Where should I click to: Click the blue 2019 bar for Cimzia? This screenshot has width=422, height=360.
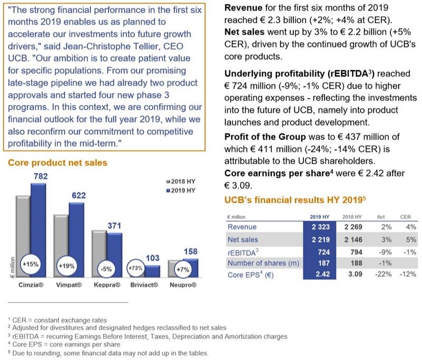pos(39,230)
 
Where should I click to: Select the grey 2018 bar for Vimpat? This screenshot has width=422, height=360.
pos(61,246)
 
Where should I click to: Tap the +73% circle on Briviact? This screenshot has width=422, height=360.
pos(136,268)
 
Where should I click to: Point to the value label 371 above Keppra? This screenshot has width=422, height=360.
pos(114,225)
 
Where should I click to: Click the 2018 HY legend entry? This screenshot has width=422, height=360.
pos(180,182)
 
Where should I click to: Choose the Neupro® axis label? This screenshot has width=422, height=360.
pos(183,285)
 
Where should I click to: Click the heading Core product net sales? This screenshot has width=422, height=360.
pos(57,163)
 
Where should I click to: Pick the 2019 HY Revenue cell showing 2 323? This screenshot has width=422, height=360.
pos(321,227)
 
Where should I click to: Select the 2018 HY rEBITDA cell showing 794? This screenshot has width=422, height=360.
pos(356,252)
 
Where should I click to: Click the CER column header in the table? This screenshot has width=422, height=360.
pos(405,217)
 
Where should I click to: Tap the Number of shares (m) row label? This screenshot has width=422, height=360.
pos(263,263)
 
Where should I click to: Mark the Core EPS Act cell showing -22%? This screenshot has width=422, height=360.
pos(383,274)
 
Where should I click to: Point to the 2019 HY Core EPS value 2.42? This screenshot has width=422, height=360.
pos(323,274)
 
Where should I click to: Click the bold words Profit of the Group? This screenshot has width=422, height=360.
pos(265,137)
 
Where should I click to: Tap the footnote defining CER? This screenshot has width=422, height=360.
pos(57,320)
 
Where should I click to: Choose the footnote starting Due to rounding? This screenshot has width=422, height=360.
pos(108,353)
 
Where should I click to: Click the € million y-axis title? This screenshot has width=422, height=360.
pos(12,267)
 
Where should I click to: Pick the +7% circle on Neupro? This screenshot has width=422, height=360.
pos(183,269)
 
